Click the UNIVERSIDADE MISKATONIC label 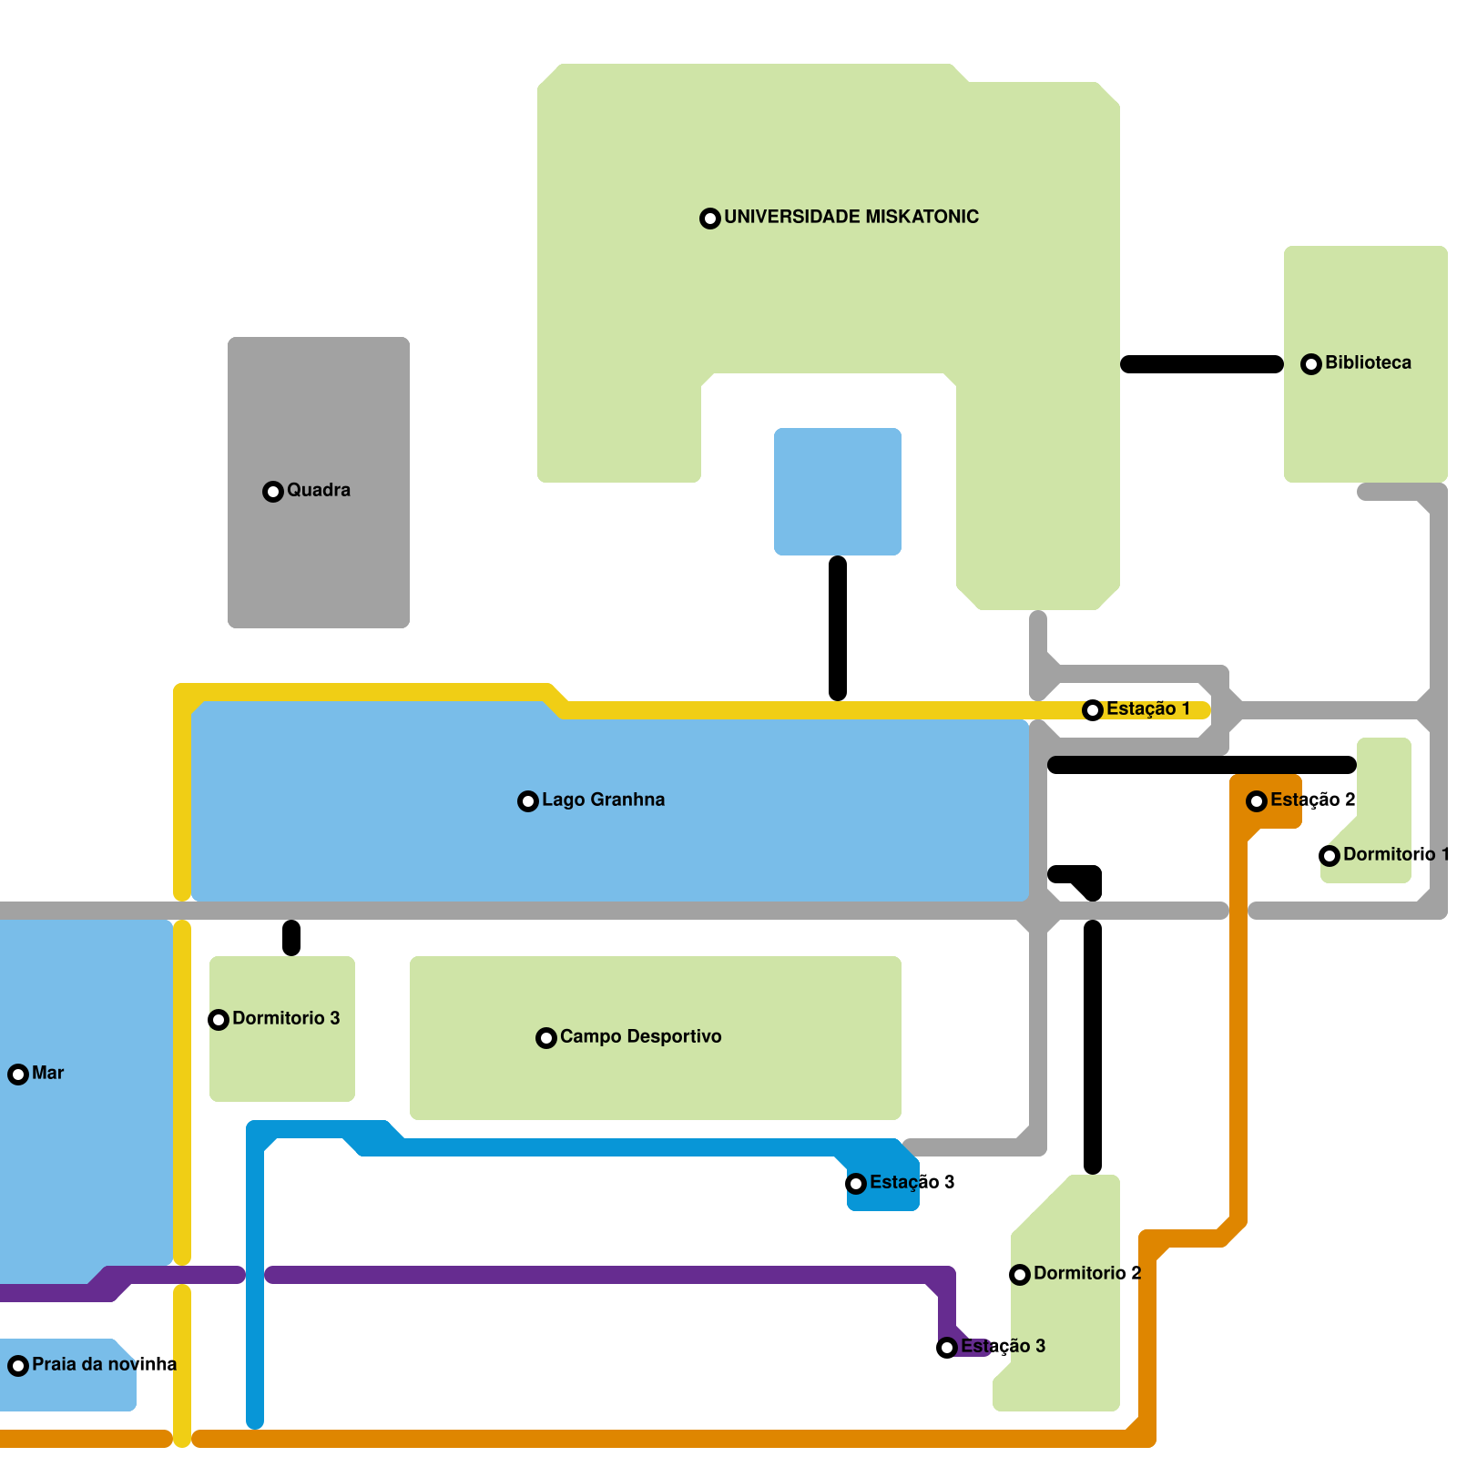tap(851, 217)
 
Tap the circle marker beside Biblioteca tap(1311, 364)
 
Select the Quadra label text tap(318, 490)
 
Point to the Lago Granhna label tap(603, 800)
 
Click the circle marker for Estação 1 tap(1093, 710)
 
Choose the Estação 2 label tap(1312, 800)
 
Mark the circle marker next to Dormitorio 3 tap(219, 1020)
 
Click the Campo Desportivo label tap(640, 1036)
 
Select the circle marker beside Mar tap(18, 1075)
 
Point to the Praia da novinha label tap(104, 1364)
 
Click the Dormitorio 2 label tap(1086, 1273)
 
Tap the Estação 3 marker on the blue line tap(856, 1184)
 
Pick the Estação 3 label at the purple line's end tap(1003, 1346)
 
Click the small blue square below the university tap(838, 492)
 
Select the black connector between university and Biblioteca tap(1202, 364)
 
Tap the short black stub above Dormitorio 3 tap(291, 938)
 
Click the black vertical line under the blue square tap(838, 628)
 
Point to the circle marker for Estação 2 tap(1257, 801)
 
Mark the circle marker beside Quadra tap(273, 492)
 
